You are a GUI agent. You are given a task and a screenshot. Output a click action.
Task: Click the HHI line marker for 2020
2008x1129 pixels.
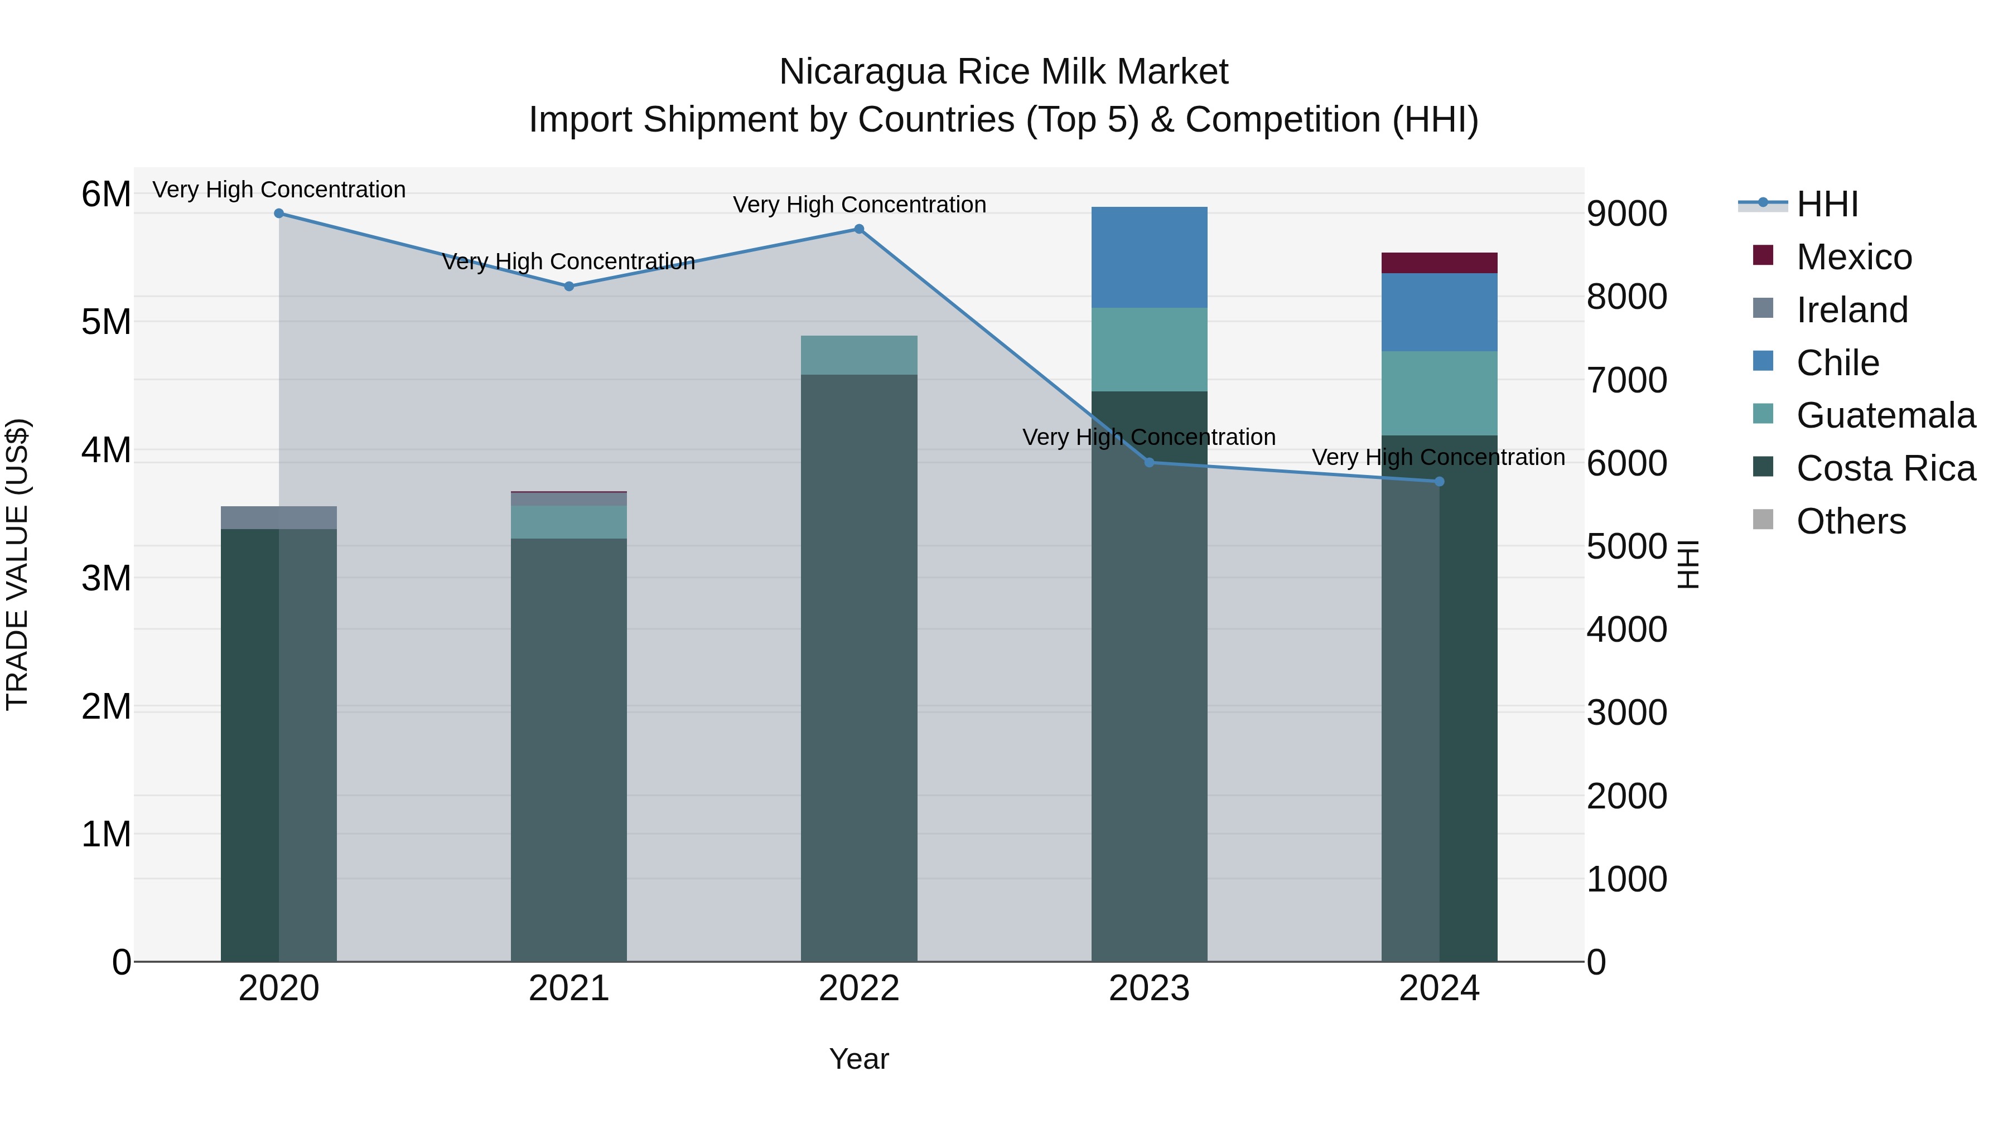(x=278, y=214)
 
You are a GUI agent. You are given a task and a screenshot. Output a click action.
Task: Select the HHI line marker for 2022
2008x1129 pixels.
(x=859, y=229)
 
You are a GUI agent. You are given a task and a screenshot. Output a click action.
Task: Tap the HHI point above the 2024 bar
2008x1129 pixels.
(x=1439, y=482)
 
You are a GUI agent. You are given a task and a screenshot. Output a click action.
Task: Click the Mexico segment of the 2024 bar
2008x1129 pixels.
(x=1439, y=263)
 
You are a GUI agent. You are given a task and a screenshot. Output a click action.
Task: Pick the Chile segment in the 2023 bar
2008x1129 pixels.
(x=1149, y=257)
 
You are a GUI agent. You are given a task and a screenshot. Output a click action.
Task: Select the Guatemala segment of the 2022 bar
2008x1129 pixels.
(x=859, y=355)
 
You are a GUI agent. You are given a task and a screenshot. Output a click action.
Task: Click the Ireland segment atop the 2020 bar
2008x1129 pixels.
(x=278, y=517)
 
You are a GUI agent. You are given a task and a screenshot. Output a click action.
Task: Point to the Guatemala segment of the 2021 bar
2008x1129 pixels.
(x=568, y=522)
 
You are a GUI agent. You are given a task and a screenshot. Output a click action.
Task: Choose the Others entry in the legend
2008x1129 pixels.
(x=1851, y=521)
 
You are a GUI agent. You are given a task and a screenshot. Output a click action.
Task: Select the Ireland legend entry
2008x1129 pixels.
(x=1851, y=310)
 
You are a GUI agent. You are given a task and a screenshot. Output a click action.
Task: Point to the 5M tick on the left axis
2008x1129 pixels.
(x=106, y=322)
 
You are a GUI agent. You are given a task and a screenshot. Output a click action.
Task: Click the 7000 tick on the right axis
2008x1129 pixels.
(x=1627, y=380)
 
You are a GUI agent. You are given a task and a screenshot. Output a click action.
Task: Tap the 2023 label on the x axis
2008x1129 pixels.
(x=1149, y=989)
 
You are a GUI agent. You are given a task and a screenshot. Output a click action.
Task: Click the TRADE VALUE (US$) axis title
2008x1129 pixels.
(x=17, y=564)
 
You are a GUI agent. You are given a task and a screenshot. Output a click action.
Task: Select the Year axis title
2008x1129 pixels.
(x=859, y=1059)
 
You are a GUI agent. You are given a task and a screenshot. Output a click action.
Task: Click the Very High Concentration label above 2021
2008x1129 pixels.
(x=568, y=262)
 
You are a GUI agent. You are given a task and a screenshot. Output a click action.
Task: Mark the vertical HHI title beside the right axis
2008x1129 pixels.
(x=1688, y=564)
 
